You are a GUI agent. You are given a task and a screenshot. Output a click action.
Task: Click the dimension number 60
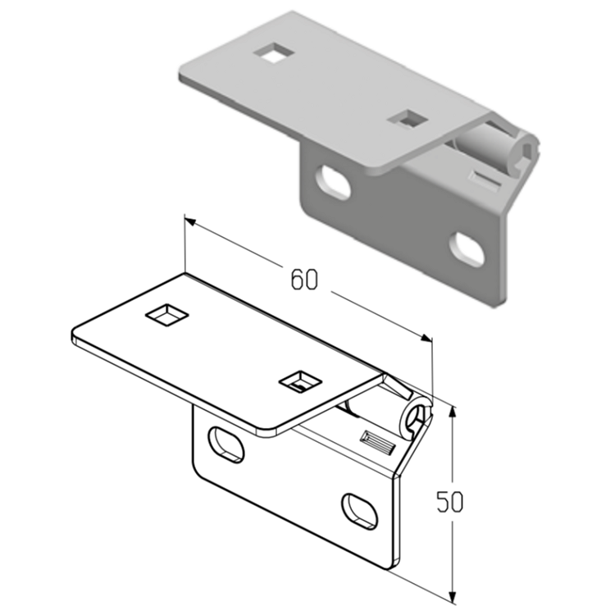tap(303, 280)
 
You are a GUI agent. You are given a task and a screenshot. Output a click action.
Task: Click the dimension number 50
tap(450, 501)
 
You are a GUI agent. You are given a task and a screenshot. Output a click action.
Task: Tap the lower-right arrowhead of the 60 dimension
tap(426, 338)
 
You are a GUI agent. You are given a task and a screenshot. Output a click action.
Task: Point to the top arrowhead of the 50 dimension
tap(453, 412)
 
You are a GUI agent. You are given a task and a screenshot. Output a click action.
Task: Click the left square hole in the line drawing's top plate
tap(166, 315)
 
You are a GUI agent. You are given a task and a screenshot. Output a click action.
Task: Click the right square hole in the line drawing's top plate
tap(300, 381)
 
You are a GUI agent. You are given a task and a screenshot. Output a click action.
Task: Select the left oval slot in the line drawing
tap(226, 444)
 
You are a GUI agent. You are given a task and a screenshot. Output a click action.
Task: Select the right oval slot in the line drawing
tap(360, 512)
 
